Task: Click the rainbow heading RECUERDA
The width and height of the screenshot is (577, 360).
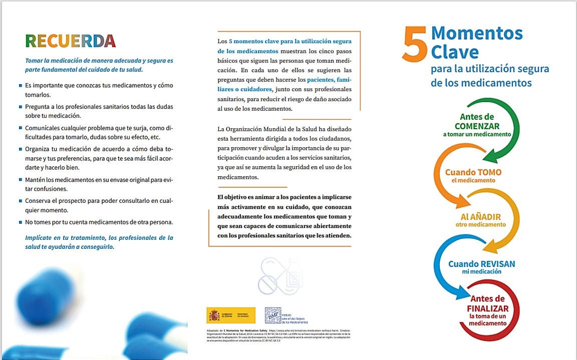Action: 70,41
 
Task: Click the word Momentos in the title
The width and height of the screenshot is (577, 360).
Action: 477,34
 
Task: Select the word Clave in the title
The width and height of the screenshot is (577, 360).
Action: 455,52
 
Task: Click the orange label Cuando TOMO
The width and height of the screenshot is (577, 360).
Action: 473,172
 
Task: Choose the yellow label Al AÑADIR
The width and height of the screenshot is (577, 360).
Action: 480,217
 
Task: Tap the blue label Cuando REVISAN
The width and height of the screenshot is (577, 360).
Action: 481,264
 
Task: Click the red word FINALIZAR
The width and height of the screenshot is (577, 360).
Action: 487,308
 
